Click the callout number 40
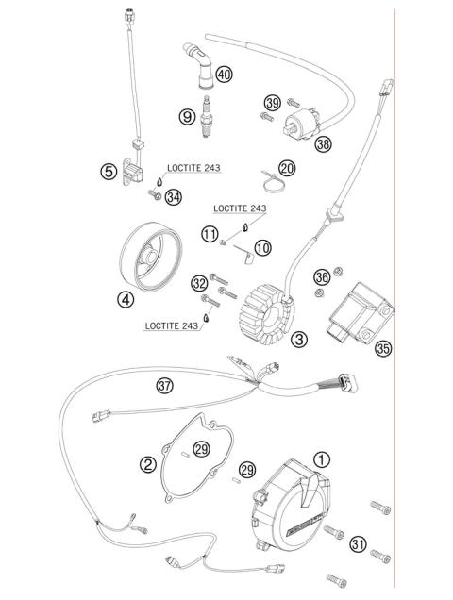point(224,73)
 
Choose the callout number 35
point(383,348)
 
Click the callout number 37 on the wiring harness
point(166,385)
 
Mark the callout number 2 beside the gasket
point(148,463)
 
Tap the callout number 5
point(110,172)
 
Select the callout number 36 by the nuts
point(322,276)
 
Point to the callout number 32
point(199,282)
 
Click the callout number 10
point(261,247)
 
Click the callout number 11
point(209,232)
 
